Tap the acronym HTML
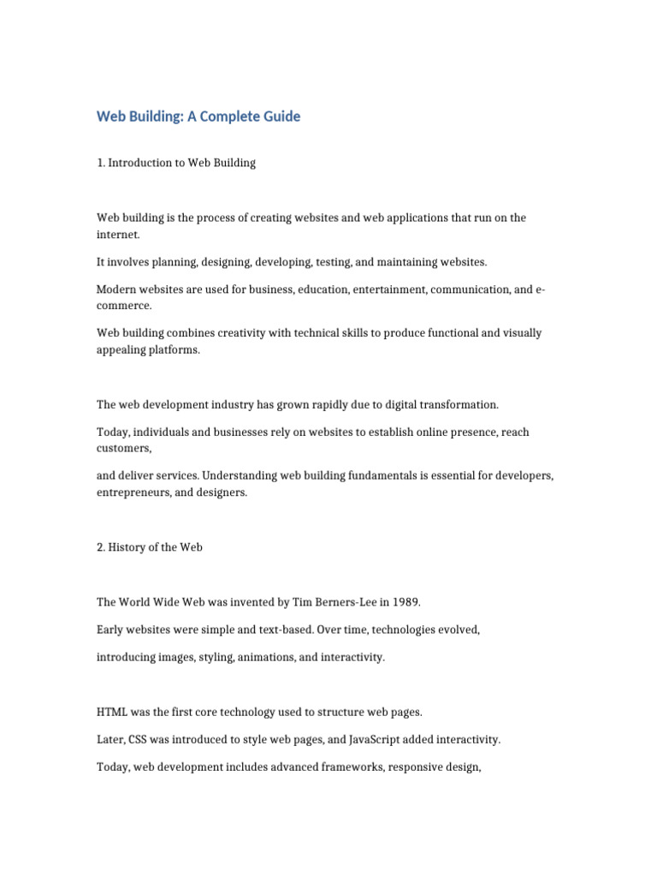point(112,712)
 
